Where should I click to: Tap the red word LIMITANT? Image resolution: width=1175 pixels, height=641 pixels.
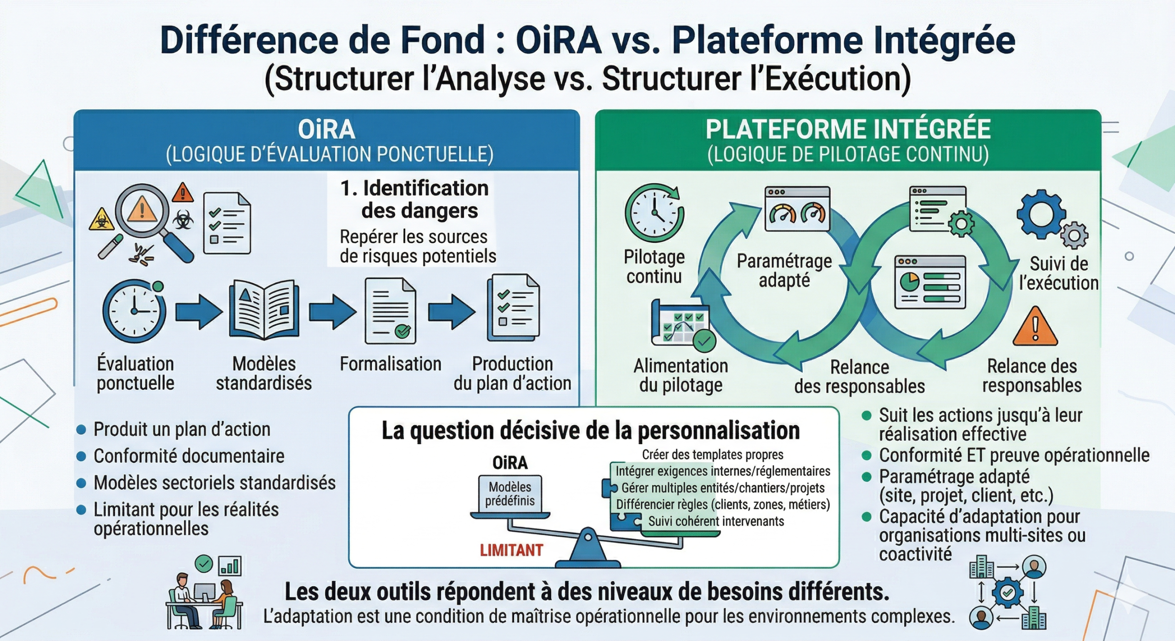click(511, 550)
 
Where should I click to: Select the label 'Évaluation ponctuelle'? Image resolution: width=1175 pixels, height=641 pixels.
click(135, 373)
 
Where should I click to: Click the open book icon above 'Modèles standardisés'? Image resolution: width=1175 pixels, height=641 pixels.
click(264, 310)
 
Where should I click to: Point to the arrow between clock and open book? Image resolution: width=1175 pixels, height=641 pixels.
click(199, 311)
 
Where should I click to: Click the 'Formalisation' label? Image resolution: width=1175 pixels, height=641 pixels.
click(391, 364)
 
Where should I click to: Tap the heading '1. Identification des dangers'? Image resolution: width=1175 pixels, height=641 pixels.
click(414, 199)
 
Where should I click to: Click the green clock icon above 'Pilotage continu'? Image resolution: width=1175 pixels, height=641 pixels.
click(655, 213)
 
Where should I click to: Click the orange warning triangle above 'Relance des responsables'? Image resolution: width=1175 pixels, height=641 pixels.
click(1035, 327)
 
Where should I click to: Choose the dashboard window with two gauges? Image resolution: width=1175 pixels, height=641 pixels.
click(797, 209)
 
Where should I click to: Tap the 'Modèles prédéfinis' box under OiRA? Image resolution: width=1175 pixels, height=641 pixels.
click(510, 494)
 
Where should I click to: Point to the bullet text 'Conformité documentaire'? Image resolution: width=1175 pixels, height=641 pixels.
click(189, 456)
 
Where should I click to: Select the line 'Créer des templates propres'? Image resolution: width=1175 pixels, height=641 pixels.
click(712, 455)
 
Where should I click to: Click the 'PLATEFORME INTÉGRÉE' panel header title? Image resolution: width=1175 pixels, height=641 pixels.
click(848, 129)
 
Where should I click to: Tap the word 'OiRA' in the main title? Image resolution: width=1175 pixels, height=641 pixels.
click(559, 40)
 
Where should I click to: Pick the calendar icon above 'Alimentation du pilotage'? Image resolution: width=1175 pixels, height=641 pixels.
click(681, 323)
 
